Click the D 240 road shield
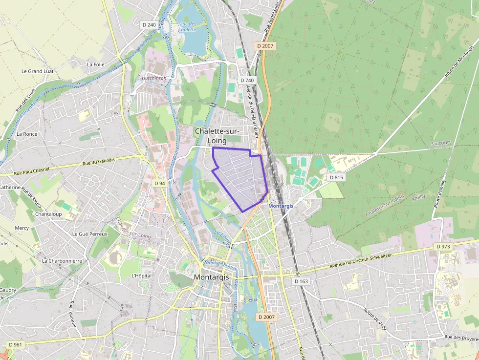click(150, 25)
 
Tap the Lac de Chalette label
click(187, 26)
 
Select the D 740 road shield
click(247, 80)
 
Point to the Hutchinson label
click(154, 78)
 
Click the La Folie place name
click(95, 64)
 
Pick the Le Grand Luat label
click(37, 71)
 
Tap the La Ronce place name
click(27, 134)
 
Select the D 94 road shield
click(159, 183)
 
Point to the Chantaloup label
click(48, 214)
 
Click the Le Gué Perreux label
click(89, 234)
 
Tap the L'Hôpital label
click(142, 275)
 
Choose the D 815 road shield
click(336, 177)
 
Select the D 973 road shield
click(442, 247)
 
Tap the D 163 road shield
click(302, 281)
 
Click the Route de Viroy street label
click(375, 318)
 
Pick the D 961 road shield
click(15, 345)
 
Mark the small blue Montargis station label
click(281, 206)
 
